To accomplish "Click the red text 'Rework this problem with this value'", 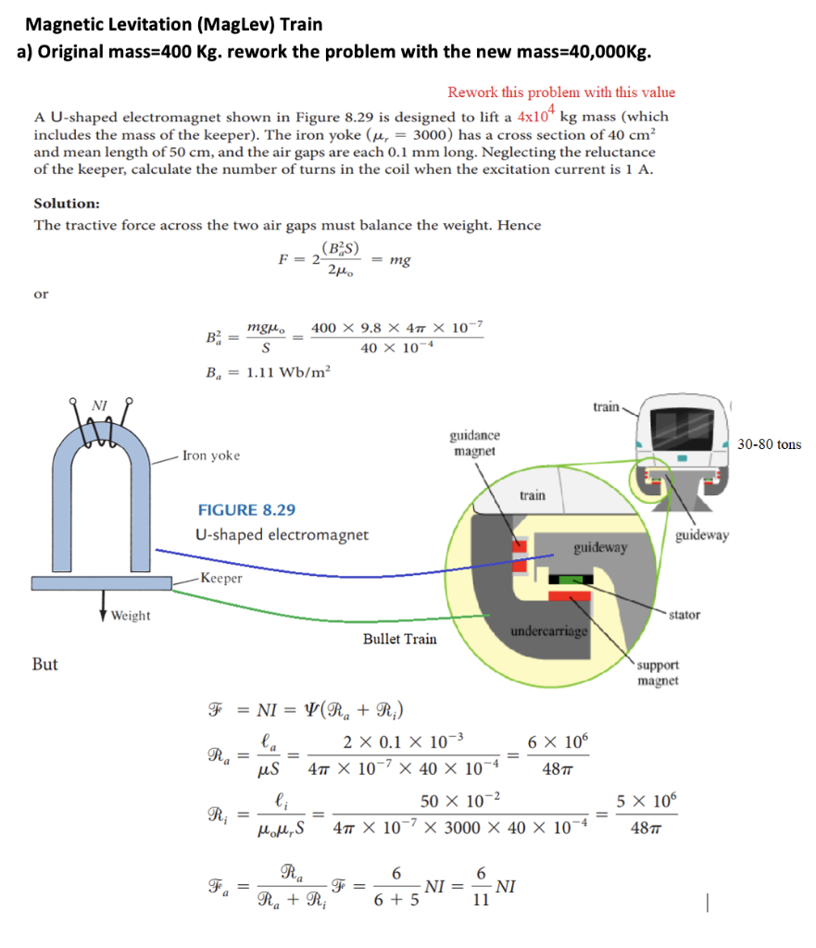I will coord(561,92).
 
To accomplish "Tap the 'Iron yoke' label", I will coord(211,455).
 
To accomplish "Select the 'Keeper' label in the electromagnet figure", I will coord(221,578).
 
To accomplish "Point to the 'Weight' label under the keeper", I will coord(131,616).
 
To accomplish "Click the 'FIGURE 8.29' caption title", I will coord(247,510).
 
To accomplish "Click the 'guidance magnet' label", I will coord(474,443).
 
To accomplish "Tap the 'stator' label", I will coord(684,614).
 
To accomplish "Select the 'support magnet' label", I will coord(658,673).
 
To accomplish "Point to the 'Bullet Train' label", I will coord(399,639).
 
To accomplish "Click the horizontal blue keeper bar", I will coord(102,583).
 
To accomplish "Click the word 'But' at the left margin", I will coord(44,664).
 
